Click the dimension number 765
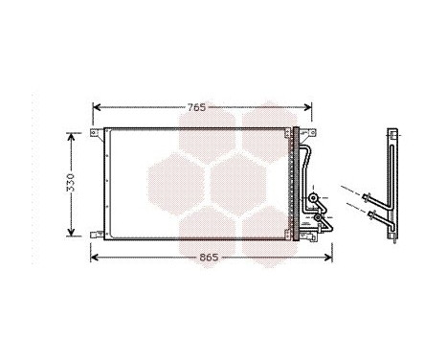pyautogui.click(x=195, y=108)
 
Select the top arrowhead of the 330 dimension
pyautogui.click(x=72, y=137)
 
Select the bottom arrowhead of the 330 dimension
pyautogui.click(x=72, y=232)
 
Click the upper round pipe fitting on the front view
pyautogui.click(x=319, y=202)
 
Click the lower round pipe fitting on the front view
pyautogui.click(x=319, y=221)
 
